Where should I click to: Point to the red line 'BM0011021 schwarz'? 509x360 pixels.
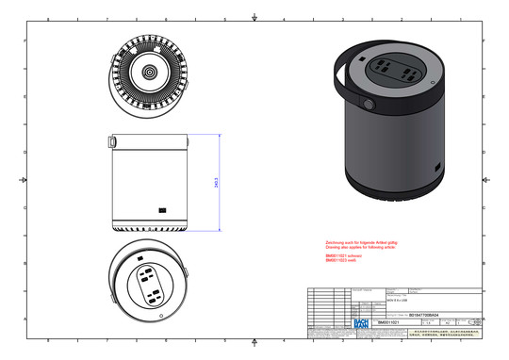point(344,255)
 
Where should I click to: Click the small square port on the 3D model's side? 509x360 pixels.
point(438,168)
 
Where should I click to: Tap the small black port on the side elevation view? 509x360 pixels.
point(163,210)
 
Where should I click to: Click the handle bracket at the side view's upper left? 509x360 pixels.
point(112,141)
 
